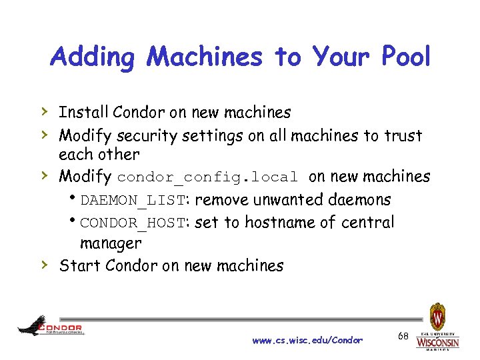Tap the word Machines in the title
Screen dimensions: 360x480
[205, 57]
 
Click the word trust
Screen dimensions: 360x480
[403, 136]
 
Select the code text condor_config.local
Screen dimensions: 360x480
[207, 177]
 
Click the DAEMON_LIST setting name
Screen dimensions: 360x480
[134, 200]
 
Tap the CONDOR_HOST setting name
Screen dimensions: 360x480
[134, 223]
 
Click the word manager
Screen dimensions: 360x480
[111, 243]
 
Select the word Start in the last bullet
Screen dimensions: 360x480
[76, 265]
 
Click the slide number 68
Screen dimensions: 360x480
[403, 337]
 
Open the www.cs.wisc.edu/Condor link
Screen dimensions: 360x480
[307, 340]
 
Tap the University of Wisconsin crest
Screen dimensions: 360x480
[437, 316]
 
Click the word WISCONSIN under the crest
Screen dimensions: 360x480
[437, 342]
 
